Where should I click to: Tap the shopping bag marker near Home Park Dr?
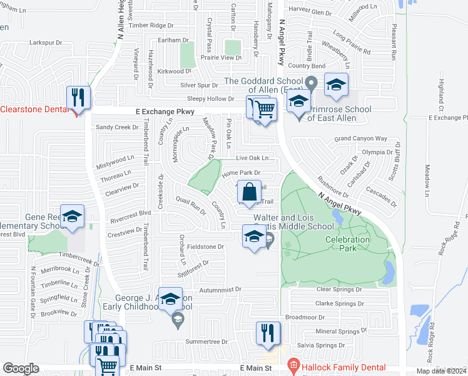click(x=249, y=191)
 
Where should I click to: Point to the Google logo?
click(x=21, y=368)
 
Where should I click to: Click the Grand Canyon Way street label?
click(x=361, y=138)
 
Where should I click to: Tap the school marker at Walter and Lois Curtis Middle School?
click(x=254, y=237)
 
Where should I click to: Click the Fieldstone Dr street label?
click(x=205, y=247)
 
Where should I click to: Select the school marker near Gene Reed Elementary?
click(x=72, y=217)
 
